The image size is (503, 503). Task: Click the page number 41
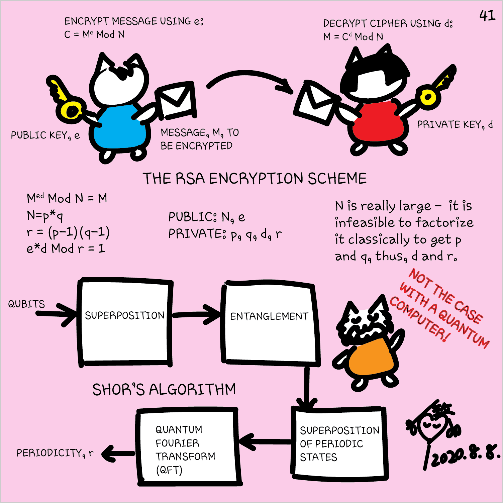click(x=487, y=15)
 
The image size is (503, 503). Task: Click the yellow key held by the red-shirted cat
click(x=435, y=90)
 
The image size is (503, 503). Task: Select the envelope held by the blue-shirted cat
click(x=176, y=100)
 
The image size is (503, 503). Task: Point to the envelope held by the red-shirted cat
click(x=316, y=104)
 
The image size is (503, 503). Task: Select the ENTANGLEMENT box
click(x=269, y=323)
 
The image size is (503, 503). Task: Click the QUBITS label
click(x=26, y=304)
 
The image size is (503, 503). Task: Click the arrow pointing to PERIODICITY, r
click(x=117, y=454)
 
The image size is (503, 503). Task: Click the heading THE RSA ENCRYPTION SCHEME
click(x=255, y=179)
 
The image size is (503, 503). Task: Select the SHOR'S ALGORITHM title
click(x=164, y=390)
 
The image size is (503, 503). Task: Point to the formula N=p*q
click(x=45, y=216)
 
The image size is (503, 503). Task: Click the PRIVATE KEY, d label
click(x=455, y=125)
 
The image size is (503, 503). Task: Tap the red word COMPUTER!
click(x=420, y=319)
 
